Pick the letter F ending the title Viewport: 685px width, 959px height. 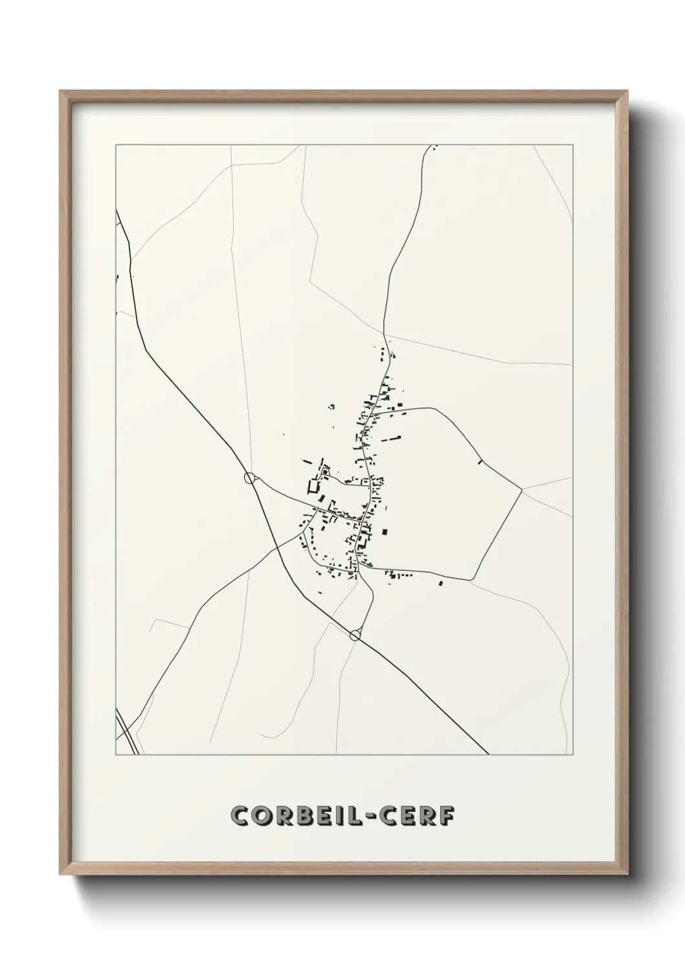click(446, 816)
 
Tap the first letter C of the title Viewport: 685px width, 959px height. click(240, 816)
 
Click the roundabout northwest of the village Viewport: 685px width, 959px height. click(249, 478)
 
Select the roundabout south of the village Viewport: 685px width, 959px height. click(355, 635)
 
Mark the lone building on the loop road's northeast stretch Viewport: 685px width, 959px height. click(479, 462)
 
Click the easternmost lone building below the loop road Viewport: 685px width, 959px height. click(441, 583)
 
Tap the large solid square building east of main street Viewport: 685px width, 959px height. click(386, 532)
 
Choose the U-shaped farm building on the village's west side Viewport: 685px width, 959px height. click(314, 486)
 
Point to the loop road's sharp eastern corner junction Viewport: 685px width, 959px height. click(521, 491)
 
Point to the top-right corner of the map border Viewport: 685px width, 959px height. click(572, 145)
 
